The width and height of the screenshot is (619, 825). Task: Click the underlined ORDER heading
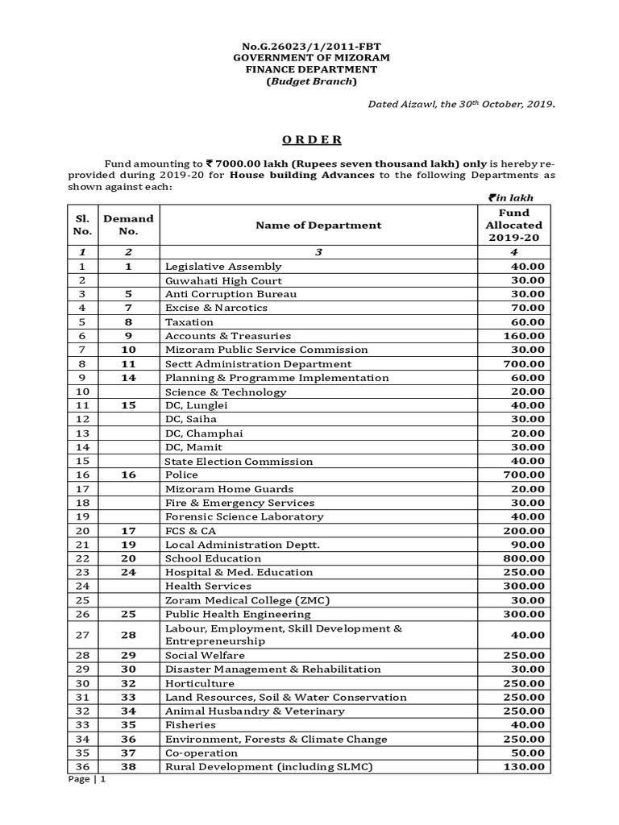click(309, 139)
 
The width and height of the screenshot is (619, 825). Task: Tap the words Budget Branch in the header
click(309, 81)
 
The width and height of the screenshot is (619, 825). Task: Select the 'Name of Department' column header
click(318, 225)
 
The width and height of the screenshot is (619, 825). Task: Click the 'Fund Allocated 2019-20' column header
click(513, 225)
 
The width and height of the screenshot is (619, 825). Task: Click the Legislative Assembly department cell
click(223, 267)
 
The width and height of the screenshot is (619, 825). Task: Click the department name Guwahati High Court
click(223, 280)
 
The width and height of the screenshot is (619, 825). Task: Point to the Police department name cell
click(181, 475)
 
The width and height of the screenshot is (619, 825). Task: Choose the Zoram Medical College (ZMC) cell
click(237, 600)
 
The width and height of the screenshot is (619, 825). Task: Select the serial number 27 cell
click(81, 635)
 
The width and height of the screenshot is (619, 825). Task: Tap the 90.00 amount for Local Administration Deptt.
click(527, 545)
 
